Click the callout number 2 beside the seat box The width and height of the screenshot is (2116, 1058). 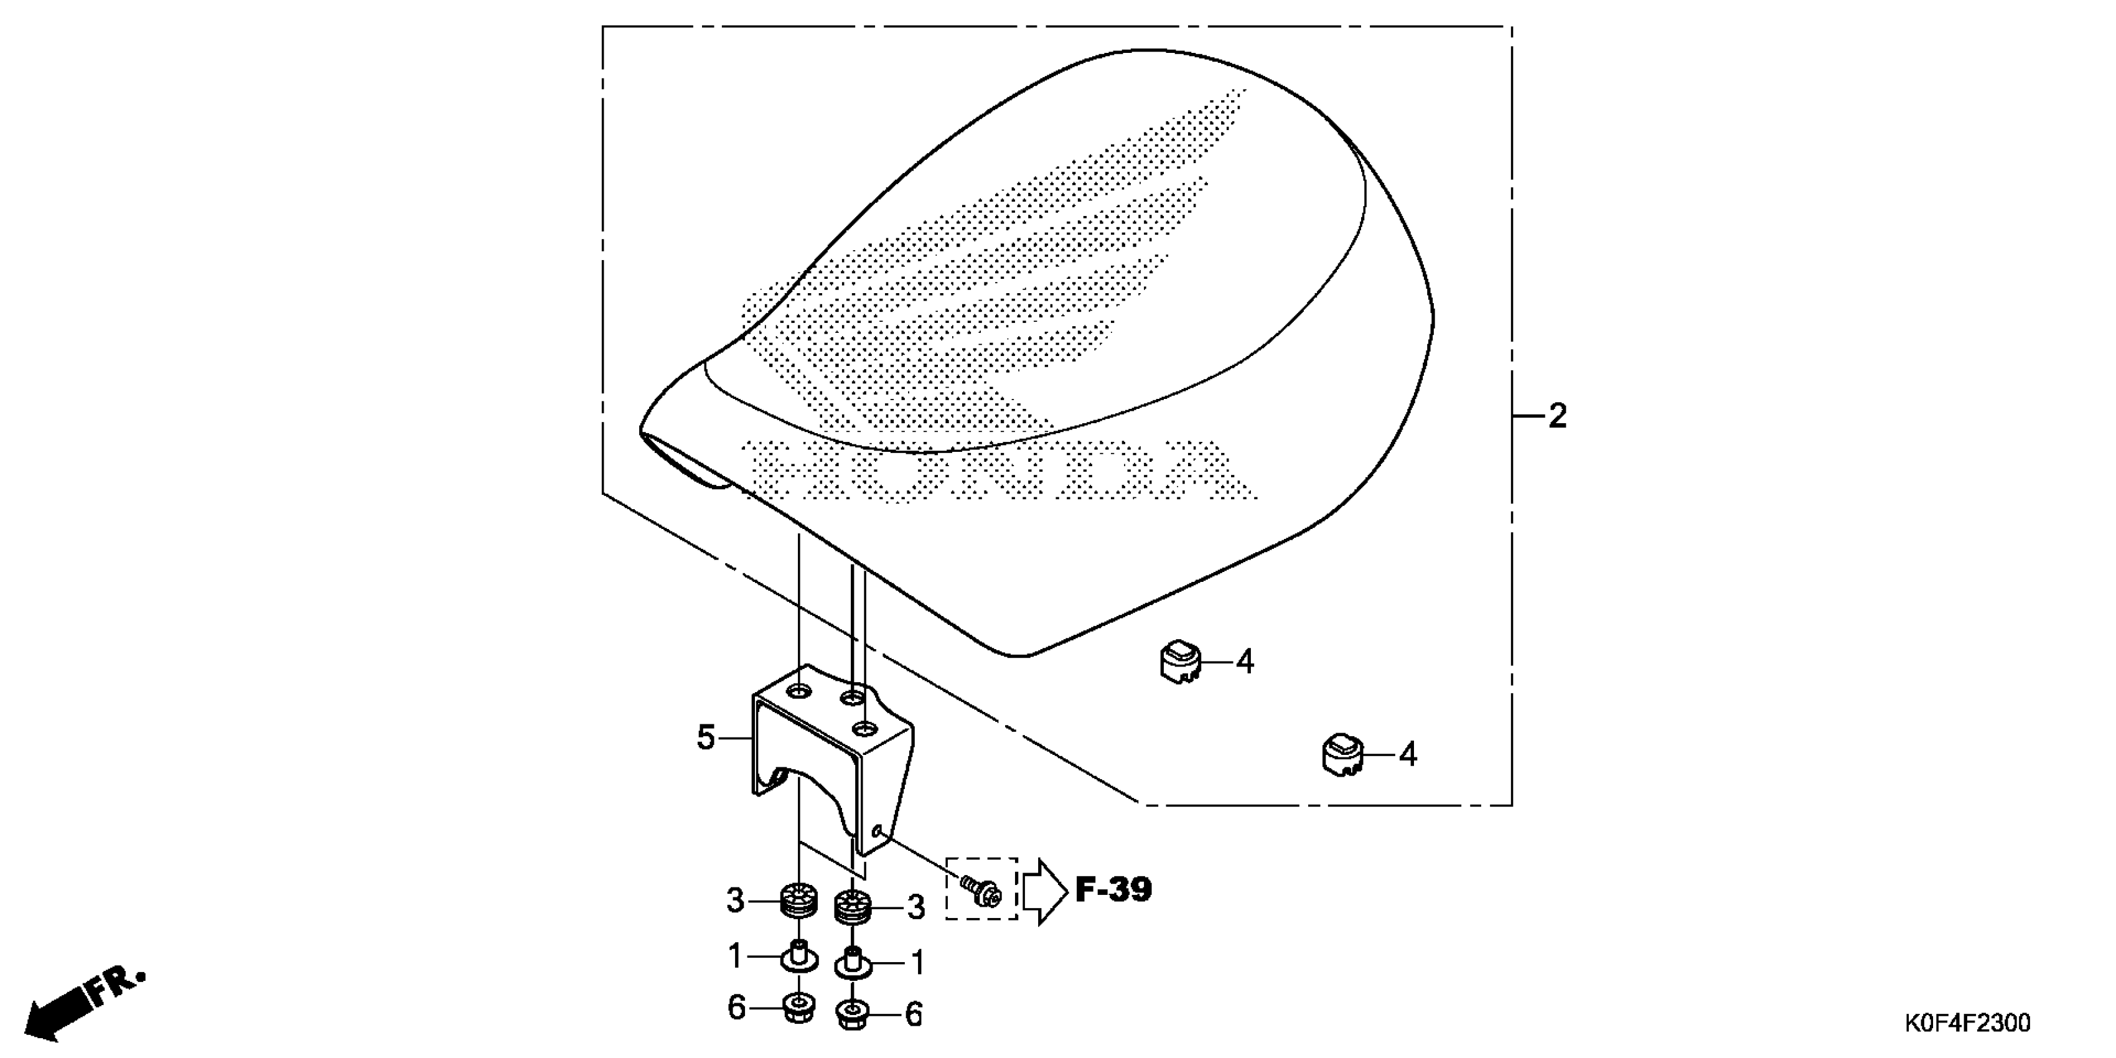click(1557, 416)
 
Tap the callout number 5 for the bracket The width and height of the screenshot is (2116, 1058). click(706, 737)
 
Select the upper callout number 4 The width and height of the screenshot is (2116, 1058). click(1245, 661)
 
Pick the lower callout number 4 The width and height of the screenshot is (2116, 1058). click(1407, 754)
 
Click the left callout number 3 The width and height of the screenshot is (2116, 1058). click(735, 901)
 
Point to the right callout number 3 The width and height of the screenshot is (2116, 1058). click(916, 907)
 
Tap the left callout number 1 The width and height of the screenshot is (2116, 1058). click(735, 955)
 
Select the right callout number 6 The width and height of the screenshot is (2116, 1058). click(914, 1014)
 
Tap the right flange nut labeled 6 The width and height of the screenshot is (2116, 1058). click(853, 1014)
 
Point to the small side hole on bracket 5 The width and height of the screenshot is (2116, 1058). click(879, 832)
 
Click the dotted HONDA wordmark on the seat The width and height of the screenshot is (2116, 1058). click(998, 470)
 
